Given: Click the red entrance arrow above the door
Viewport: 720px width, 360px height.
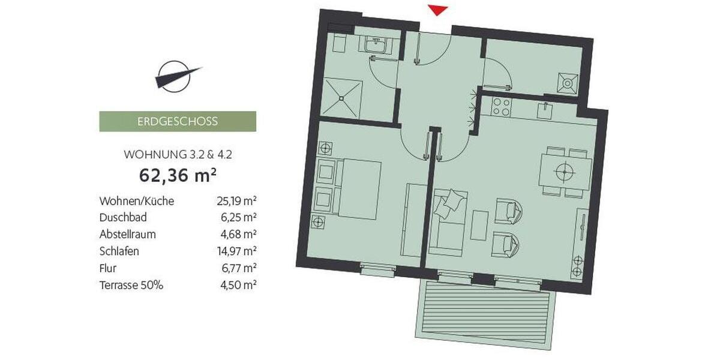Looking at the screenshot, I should pos(437,9).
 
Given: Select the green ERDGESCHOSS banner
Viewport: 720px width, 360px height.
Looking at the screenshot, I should pos(178,121).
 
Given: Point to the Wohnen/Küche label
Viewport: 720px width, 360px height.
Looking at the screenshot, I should pos(137,201).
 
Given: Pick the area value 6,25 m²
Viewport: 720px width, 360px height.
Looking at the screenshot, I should pos(237,218).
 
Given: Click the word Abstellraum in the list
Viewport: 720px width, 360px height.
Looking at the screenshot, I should pos(128,235).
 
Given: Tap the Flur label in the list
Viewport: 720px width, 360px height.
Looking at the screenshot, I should pos(109,268).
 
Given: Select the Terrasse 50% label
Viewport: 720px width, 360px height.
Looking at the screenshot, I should pos(131,285).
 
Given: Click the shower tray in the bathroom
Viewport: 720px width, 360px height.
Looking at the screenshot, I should pos(341,97).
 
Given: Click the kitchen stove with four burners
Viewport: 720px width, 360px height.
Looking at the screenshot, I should pos(501,107).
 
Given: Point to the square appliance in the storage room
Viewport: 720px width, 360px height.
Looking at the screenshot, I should pos(568,82).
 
